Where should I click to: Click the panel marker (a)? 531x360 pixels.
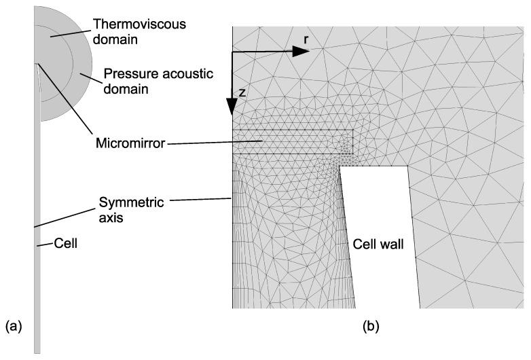(x=12, y=326)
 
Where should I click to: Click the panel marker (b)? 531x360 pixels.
(x=371, y=326)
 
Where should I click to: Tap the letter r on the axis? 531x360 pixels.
(x=306, y=40)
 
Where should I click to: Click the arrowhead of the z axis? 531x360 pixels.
(x=232, y=108)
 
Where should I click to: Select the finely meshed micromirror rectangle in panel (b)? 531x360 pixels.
(x=292, y=141)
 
